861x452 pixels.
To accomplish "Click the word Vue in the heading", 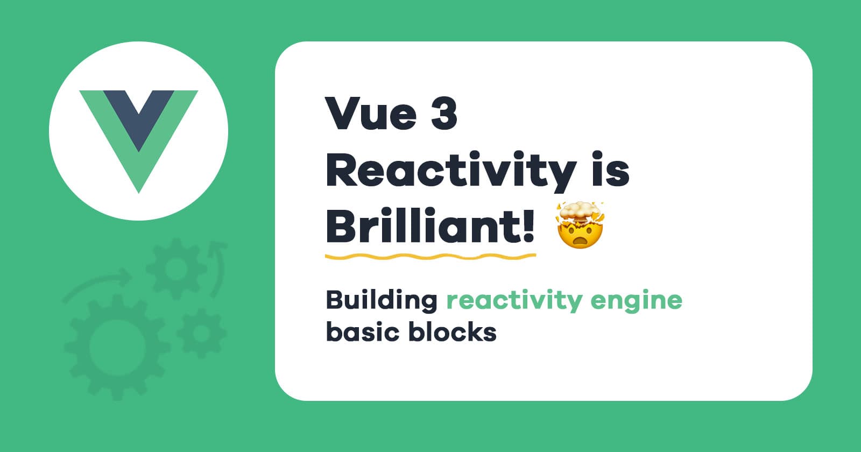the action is tap(371, 114).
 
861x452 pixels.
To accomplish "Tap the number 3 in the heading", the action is tap(444, 114).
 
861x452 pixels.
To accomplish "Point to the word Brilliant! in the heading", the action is tap(430, 225).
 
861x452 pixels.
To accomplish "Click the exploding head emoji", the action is tap(580, 225).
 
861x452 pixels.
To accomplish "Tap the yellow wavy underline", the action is tap(430, 256).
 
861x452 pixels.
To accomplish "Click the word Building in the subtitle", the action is tap(382, 301).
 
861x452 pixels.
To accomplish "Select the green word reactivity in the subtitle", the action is tap(514, 301).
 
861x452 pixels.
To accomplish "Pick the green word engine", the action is tap(636, 301).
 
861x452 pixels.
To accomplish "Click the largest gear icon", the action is tap(117, 347).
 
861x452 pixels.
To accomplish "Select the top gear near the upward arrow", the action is tap(177, 269).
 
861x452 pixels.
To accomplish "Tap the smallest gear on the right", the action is tap(201, 333).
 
